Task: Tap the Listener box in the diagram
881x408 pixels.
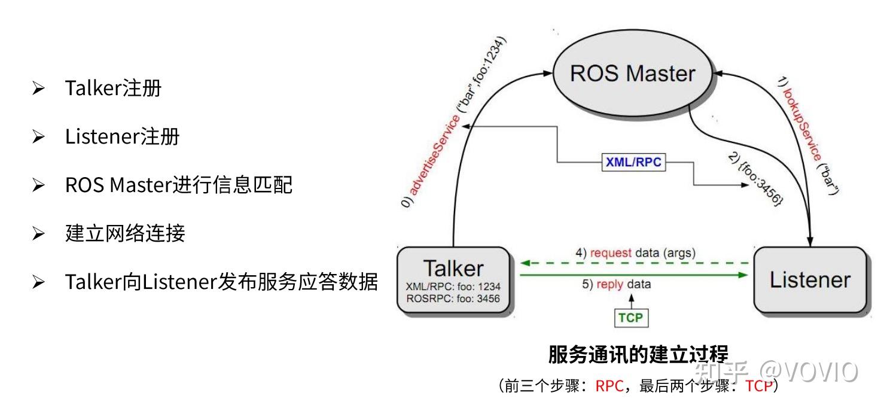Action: click(x=810, y=280)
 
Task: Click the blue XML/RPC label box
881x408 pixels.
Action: click(x=633, y=162)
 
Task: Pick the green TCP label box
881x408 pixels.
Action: click(x=631, y=318)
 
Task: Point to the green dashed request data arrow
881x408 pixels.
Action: click(x=634, y=263)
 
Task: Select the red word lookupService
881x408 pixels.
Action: click(x=802, y=124)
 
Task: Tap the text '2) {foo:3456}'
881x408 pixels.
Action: click(x=755, y=179)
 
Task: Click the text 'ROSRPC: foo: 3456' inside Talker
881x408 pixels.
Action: click(x=453, y=299)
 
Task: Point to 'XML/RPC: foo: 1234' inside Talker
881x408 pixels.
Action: click(x=453, y=287)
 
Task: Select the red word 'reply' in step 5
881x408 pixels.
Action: click(x=609, y=284)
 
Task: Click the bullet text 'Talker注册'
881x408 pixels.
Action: click(x=113, y=88)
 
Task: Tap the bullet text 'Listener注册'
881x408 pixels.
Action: click(x=123, y=136)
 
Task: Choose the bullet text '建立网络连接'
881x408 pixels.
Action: click(x=125, y=233)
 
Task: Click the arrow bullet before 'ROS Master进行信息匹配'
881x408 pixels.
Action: click(x=38, y=185)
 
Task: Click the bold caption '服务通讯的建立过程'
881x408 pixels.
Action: click(x=638, y=354)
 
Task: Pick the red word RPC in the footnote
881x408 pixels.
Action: click(x=609, y=386)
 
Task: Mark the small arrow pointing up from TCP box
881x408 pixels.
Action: click(x=631, y=302)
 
